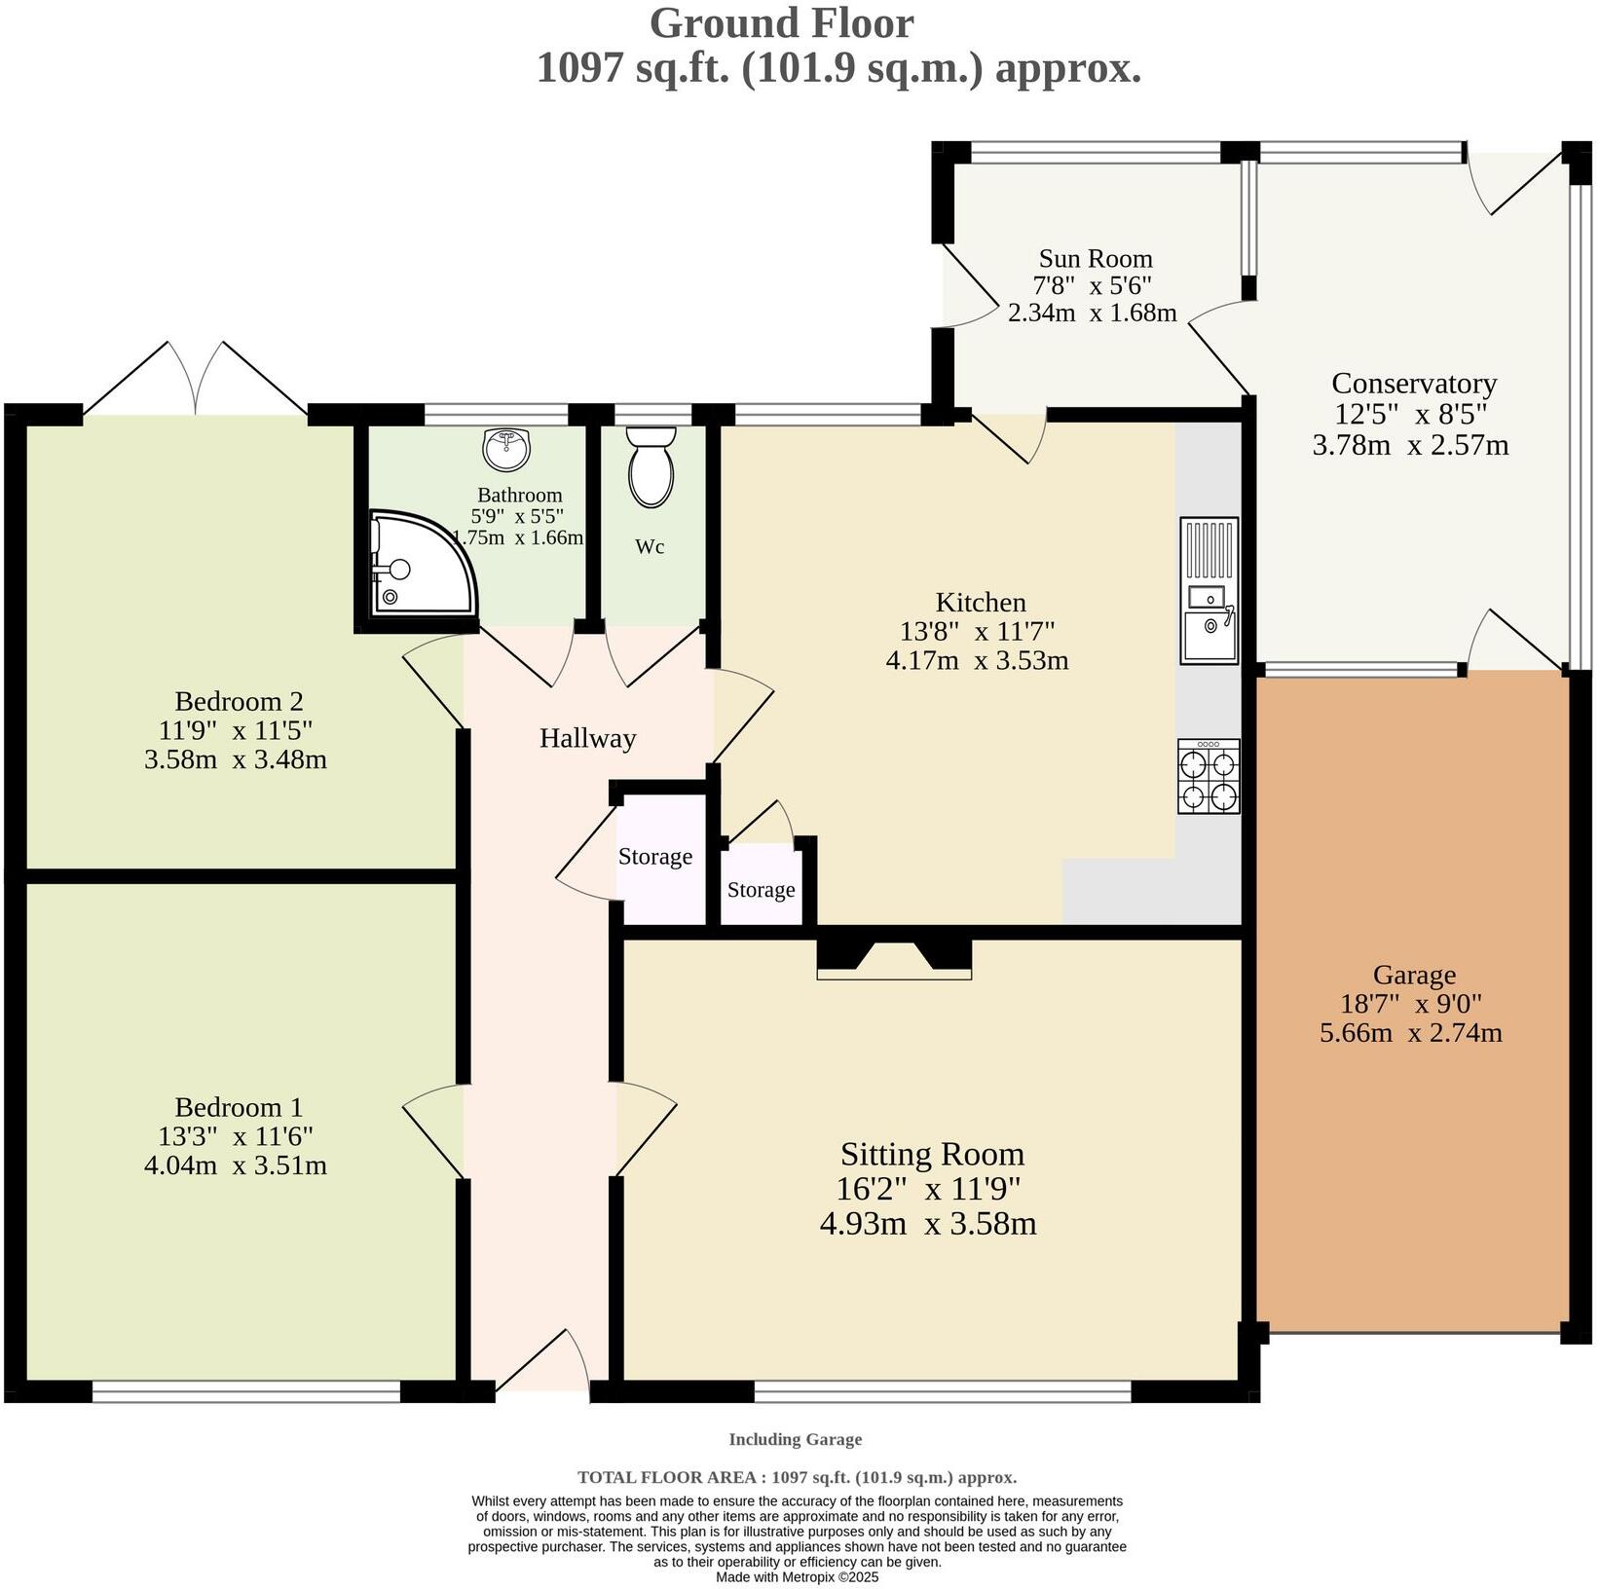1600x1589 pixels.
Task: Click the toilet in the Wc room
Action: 651,468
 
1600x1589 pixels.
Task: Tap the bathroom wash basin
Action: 506,449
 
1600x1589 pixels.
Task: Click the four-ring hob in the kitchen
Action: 1209,776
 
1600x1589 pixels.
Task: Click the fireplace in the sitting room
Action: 894,958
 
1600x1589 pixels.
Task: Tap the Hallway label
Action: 587,738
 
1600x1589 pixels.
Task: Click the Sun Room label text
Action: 1095,258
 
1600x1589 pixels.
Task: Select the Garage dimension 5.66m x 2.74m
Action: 1410,1032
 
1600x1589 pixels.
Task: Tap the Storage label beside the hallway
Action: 654,857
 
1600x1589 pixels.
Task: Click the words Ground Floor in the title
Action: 781,23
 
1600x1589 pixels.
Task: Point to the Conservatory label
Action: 1413,383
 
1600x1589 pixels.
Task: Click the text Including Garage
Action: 795,1439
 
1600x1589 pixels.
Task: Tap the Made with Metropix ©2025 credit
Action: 797,1576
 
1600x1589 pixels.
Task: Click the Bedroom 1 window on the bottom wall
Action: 245,1392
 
